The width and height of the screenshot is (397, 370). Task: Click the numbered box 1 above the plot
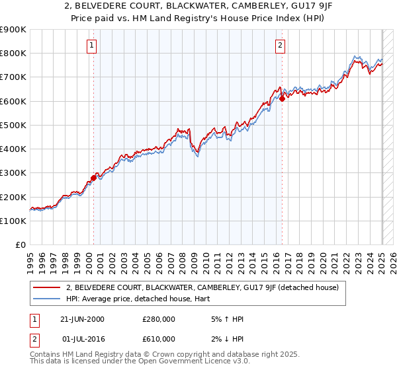[x=91, y=46]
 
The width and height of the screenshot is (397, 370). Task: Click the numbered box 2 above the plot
[x=281, y=46]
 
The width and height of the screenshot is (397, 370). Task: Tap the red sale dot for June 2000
[x=94, y=177]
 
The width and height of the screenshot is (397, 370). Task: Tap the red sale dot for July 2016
[x=283, y=98]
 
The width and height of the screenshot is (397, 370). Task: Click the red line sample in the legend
[x=47, y=287]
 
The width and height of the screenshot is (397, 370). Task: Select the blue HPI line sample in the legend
[x=47, y=299]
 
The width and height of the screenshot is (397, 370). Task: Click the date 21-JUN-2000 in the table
[x=82, y=320]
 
